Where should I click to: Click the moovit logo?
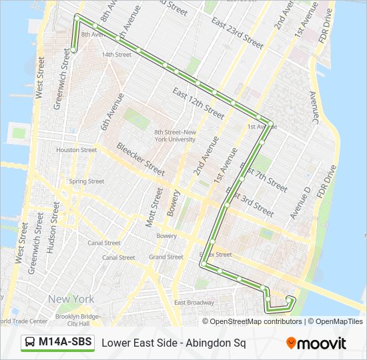(x=316, y=343)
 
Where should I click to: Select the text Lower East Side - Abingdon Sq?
(x=173, y=343)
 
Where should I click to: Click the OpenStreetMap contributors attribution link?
(x=256, y=321)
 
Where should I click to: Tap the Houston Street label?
(x=76, y=150)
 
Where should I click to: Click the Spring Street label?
(x=86, y=181)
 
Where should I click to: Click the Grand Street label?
(x=165, y=257)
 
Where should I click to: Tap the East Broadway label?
(x=194, y=303)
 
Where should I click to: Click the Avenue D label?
(x=298, y=203)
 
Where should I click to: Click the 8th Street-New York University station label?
(x=174, y=135)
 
